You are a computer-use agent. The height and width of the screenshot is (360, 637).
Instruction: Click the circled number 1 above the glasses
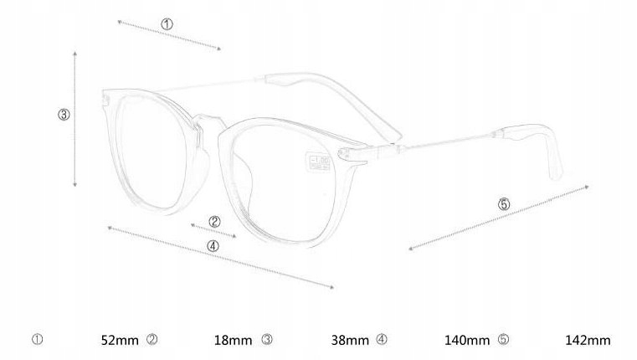[167, 25]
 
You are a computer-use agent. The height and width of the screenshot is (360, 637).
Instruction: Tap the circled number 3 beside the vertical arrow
[64, 115]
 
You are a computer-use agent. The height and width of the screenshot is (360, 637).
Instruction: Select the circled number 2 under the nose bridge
[214, 222]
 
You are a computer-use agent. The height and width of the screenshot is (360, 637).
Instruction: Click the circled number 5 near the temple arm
[503, 203]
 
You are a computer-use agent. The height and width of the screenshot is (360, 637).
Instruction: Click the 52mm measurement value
[120, 340]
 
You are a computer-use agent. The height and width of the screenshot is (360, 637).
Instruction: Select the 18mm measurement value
[233, 340]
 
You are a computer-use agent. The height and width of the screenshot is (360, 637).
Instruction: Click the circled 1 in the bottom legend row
[37, 340]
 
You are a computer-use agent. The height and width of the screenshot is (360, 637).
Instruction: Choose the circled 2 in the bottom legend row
[152, 340]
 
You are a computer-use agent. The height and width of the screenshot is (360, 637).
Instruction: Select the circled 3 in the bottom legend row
[267, 340]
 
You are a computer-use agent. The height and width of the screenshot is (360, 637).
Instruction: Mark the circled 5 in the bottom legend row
[503, 340]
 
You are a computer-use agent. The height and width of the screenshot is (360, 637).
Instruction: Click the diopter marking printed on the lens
[321, 160]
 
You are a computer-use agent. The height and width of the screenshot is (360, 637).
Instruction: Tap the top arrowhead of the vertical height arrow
[75, 53]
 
